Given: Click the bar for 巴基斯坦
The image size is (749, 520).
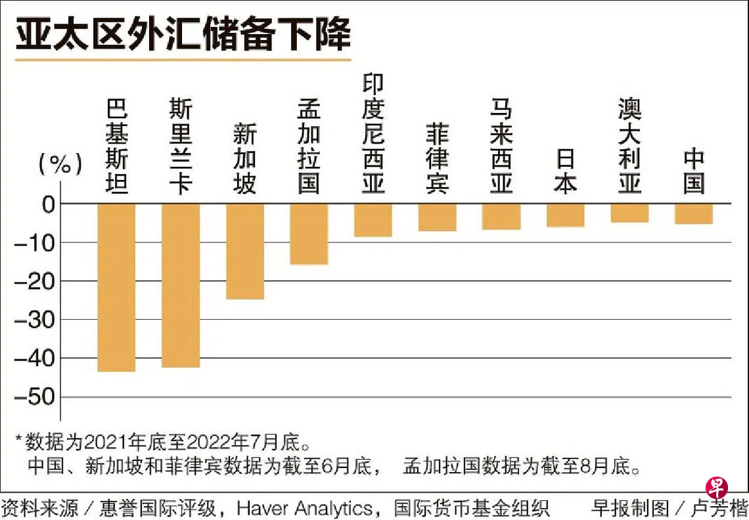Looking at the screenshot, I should coord(116,288).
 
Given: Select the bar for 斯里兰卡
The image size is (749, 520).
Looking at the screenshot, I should coord(181,285).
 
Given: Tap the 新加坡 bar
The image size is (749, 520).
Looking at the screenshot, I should coord(244,251).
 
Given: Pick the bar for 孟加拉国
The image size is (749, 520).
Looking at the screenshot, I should coord(309,234).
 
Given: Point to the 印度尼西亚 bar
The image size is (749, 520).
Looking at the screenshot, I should coord(373,220).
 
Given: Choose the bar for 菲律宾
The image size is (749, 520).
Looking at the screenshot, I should coord(437,217).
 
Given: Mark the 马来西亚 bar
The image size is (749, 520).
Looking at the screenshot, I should coord(501,217).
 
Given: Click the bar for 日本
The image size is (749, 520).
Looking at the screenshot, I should coord(565,215).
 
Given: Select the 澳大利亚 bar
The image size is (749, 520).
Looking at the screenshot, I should coord(629,213).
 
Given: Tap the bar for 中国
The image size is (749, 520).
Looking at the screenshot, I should coord(694,214).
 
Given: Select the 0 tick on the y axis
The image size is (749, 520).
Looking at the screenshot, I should coord(47,204).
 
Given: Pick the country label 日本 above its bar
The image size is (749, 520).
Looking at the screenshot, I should coord(565,172).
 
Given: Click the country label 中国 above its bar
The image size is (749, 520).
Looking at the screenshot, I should coord(694,172).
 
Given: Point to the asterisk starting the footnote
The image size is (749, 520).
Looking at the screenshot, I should coord(18,438).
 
